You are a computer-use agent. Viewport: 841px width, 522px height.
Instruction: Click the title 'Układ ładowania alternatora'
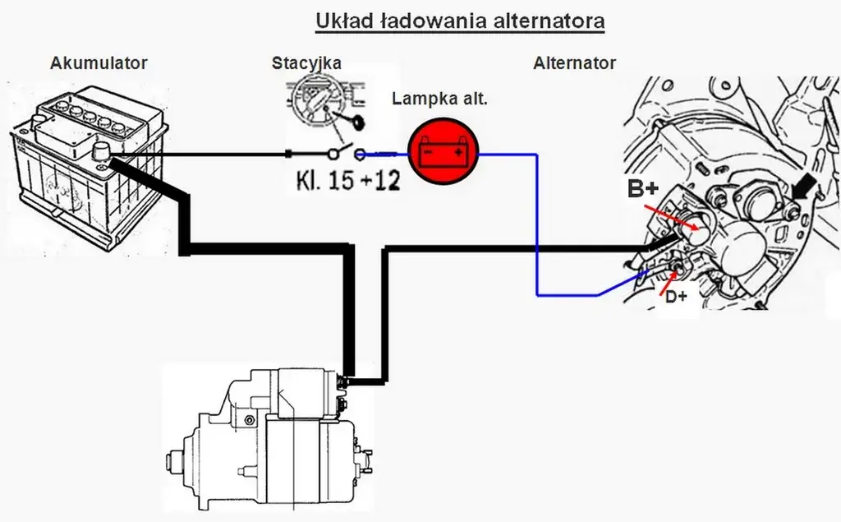point(460,21)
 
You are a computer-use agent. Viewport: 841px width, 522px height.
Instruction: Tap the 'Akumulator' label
point(99,63)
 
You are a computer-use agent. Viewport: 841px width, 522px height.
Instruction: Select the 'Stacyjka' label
point(307,63)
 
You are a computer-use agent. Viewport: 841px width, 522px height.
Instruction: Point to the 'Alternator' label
point(574,63)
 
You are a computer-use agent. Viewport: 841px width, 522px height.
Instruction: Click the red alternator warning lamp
point(443,153)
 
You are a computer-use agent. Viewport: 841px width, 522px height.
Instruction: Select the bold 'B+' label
point(643,189)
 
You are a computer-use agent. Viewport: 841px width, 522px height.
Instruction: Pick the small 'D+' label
point(676,297)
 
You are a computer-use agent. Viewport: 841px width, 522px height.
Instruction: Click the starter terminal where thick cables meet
point(343,381)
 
